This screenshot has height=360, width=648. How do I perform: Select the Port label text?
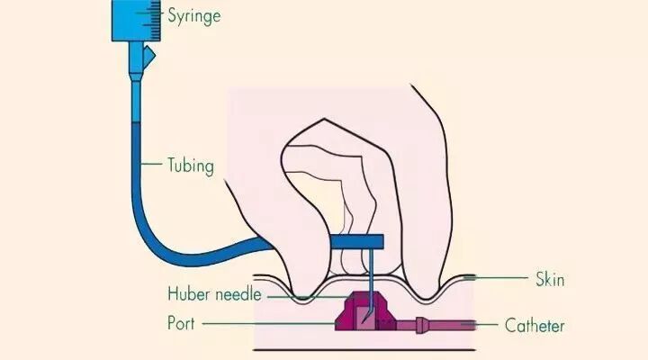click(x=184, y=320)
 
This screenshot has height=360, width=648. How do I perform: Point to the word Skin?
click(x=549, y=279)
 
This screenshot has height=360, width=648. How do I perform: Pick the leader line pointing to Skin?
click(x=490, y=278)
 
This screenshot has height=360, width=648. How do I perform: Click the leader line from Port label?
click(x=270, y=320)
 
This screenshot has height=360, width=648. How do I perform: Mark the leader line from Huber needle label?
click(x=306, y=294)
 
